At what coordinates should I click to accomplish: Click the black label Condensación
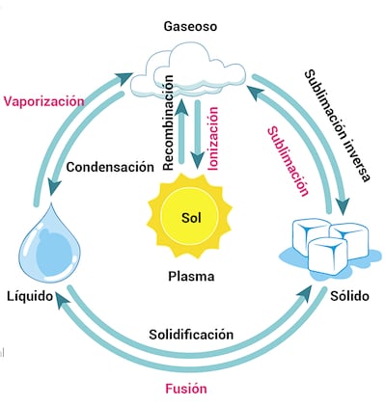tap(110, 166)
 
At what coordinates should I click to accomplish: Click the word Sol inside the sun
tap(191, 214)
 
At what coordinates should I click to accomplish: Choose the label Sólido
tap(349, 294)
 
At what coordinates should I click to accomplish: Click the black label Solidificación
tap(191, 334)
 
